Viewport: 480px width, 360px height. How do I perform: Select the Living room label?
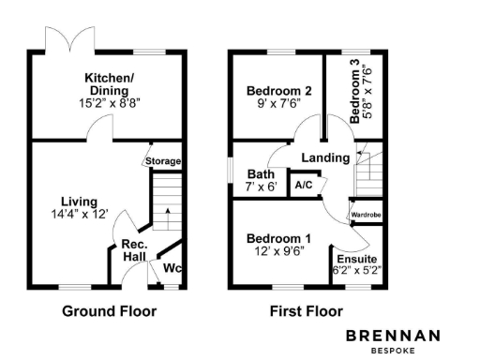[x=79, y=201]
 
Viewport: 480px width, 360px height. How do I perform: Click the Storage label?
[x=163, y=161]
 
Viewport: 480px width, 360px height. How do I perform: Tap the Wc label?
[x=172, y=269]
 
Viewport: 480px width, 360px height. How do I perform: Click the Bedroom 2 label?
[x=278, y=91]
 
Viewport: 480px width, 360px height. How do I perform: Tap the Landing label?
[x=326, y=157]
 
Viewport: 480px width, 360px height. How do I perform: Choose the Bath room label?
[x=260, y=174]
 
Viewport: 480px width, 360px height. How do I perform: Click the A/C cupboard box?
[x=303, y=185]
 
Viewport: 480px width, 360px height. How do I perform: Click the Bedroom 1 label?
[x=278, y=238]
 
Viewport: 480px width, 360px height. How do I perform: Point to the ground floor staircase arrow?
[x=167, y=214]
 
